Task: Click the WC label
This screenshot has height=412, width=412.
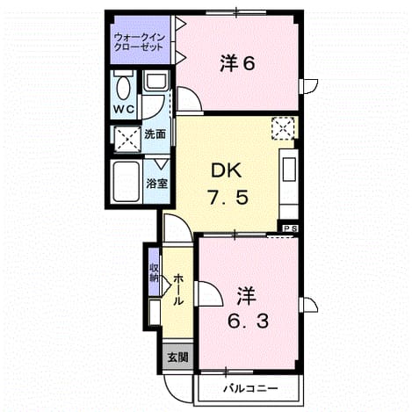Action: click(124, 110)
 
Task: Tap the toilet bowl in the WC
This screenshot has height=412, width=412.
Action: click(123, 87)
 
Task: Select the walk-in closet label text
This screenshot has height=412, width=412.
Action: click(140, 42)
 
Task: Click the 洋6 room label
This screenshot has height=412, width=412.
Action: click(237, 63)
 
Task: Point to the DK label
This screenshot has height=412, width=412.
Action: click(227, 170)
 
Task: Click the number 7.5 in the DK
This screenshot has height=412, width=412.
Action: click(228, 197)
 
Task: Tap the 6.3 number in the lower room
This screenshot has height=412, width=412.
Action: click(248, 322)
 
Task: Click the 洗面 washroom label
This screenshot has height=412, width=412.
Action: click(155, 134)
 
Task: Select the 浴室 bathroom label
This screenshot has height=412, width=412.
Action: click(157, 184)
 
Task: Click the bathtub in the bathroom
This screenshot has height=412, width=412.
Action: click(126, 182)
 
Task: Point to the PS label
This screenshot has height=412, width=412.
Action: click(290, 228)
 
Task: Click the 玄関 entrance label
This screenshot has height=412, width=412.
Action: click(177, 357)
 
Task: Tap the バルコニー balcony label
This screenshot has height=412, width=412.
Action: click(250, 389)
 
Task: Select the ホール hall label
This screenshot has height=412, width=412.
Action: click(178, 290)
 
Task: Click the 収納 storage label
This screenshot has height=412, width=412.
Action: click(154, 272)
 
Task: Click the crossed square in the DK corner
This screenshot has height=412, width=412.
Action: click(283, 129)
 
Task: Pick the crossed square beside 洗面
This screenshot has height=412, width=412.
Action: click(127, 139)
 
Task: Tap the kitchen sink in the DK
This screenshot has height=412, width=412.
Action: click(289, 170)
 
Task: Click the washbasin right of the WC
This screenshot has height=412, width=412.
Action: click(156, 80)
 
